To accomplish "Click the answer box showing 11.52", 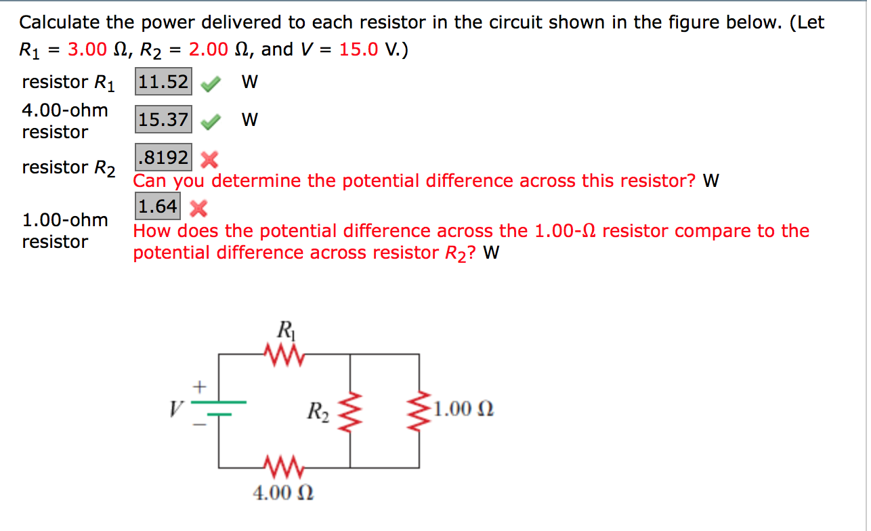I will (164, 82).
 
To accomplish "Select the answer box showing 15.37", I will (164, 120).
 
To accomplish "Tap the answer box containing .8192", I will (164, 158).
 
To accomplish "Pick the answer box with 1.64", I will (158, 206).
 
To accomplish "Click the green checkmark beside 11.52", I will (211, 84).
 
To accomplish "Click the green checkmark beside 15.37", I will (211, 122).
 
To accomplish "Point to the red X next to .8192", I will (210, 160).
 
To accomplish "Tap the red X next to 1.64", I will (198, 208).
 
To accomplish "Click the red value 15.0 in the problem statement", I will (358, 49).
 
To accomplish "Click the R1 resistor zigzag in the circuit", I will (283, 353).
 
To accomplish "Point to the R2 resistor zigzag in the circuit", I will (350, 410).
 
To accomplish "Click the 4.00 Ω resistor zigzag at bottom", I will (283, 467).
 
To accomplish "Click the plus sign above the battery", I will (200, 388).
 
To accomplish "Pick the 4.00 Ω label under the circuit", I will (283, 492).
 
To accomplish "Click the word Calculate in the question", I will (60, 22).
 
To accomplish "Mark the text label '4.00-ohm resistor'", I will (65, 121).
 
